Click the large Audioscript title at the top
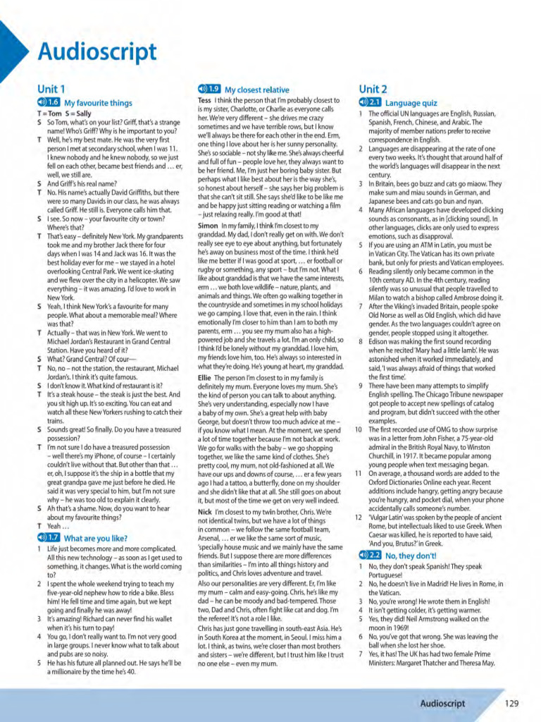click(x=97, y=51)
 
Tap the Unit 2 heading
click(x=373, y=89)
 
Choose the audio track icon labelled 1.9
click(x=210, y=90)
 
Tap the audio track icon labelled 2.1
click(x=370, y=103)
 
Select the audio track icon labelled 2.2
click(x=370, y=556)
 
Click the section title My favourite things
click(x=99, y=103)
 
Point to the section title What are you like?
click(x=97, y=538)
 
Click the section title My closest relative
click(x=256, y=90)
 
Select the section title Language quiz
click(x=411, y=104)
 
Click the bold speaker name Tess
click(x=204, y=100)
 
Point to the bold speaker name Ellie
click(x=205, y=377)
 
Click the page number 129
click(x=512, y=704)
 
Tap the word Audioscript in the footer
click(x=442, y=704)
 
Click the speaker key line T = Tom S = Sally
click(x=64, y=114)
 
